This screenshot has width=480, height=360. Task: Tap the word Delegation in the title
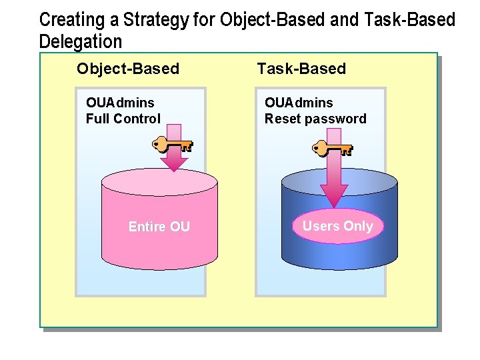(81, 42)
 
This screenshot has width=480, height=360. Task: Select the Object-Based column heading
(128, 69)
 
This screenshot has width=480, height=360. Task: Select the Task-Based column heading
(301, 69)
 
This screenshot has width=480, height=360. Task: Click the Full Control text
(123, 119)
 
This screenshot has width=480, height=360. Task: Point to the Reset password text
(315, 119)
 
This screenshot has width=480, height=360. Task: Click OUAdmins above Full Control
(120, 103)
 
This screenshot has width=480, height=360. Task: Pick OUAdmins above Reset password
(299, 103)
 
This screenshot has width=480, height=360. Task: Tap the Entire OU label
(159, 227)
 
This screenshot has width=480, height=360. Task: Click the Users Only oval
(337, 226)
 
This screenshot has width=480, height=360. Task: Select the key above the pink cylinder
(172, 144)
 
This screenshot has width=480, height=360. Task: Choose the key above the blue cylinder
(332, 147)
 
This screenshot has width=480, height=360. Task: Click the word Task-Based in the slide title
(409, 20)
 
